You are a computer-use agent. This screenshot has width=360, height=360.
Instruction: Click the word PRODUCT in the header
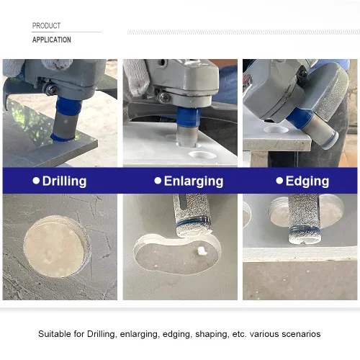(46, 26)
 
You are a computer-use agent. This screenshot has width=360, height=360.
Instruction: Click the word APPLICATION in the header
(52, 40)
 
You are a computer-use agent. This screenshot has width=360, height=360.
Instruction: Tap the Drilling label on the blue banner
(64, 181)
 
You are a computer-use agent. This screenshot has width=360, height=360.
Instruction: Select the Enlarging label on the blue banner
(194, 181)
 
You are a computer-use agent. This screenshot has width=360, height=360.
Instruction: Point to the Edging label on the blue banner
(307, 181)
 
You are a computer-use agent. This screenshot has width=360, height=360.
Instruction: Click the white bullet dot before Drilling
(36, 181)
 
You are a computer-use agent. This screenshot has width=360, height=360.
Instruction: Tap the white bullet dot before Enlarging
(158, 181)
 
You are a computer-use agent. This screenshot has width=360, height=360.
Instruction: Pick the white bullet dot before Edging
(279, 181)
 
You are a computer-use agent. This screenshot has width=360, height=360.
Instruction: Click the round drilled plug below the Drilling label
(57, 246)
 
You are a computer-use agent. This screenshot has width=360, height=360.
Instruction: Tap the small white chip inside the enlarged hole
(202, 251)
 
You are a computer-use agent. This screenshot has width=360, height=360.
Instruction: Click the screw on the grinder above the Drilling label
(51, 89)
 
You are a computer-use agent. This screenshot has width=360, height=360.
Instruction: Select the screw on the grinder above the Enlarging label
(164, 97)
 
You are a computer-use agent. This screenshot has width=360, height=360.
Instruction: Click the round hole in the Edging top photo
(276, 130)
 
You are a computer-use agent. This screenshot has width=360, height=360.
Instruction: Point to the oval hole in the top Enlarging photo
(202, 155)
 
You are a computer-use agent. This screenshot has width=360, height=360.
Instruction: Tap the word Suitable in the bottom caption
(55, 334)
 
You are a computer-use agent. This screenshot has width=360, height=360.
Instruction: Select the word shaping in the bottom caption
(212, 335)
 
